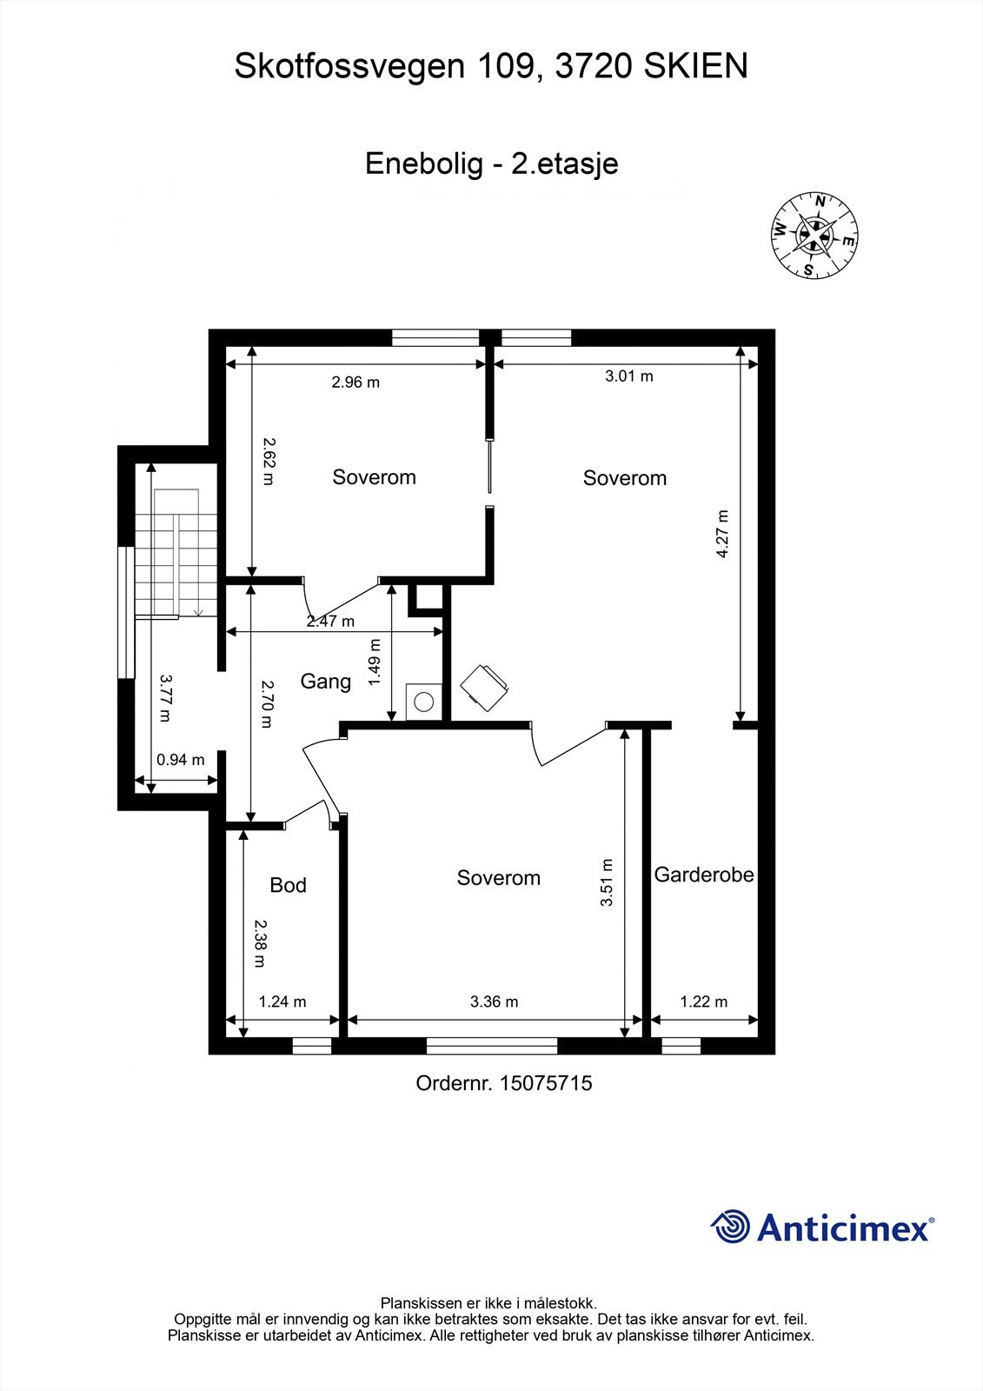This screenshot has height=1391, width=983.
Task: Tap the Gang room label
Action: pos(326,682)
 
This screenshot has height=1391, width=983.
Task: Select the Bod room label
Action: pos(288,885)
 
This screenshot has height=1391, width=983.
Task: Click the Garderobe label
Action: pos(704,875)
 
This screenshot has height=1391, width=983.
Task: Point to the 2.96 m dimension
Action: pos(355,382)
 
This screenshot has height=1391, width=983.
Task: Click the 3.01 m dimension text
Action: pos(628,376)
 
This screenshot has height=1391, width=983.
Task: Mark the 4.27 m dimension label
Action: pos(722,533)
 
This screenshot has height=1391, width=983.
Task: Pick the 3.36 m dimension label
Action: pos(494,1002)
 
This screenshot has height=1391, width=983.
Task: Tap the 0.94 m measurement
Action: pos(180,760)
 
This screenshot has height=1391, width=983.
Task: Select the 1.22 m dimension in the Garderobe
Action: pos(703,1002)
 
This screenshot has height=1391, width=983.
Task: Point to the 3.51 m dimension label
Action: pos(607,882)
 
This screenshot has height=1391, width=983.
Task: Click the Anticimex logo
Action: pos(821,1227)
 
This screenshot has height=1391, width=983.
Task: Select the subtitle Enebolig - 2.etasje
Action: pos(491,163)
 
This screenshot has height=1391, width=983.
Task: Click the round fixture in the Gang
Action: pos(424,701)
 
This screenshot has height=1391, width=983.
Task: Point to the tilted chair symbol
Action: pos(483,687)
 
